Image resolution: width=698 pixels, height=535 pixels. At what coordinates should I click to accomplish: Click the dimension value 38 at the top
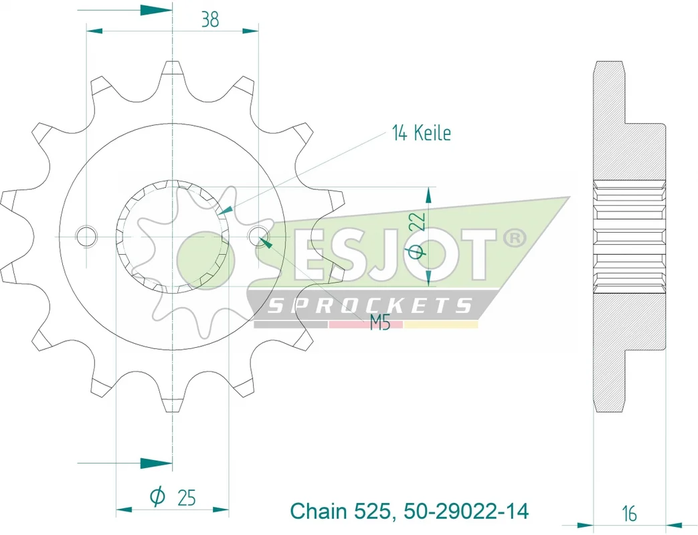click(x=210, y=19)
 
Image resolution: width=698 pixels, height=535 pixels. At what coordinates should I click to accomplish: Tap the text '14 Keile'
click(x=421, y=133)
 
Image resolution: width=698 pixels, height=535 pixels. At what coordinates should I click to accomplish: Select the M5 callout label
click(x=380, y=323)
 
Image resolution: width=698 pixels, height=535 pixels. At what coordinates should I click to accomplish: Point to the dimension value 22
click(x=420, y=221)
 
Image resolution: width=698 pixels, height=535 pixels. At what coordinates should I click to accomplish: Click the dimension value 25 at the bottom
click(x=187, y=498)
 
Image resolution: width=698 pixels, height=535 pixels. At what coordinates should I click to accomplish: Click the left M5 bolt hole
click(x=86, y=236)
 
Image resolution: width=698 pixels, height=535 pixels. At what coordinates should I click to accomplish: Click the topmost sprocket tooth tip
click(x=172, y=62)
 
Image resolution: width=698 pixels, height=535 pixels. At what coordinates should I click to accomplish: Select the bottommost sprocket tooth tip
click(x=173, y=411)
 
